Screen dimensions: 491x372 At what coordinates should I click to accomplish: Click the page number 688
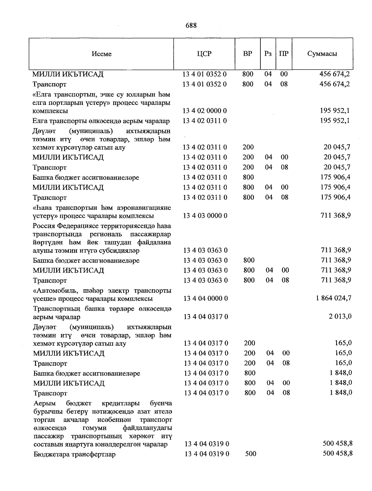coord(191,25)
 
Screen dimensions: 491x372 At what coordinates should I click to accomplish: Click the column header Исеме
coord(101,54)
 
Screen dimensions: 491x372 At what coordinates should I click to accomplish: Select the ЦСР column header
coord(204,54)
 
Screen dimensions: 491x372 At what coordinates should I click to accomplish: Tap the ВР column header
coord(247,54)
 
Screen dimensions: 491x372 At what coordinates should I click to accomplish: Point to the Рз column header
coord(268,54)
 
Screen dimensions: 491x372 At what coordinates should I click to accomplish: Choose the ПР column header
coord(284,54)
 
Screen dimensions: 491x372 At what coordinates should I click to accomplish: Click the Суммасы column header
coord(322,54)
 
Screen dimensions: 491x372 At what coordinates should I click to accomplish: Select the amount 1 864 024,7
coord(334,298)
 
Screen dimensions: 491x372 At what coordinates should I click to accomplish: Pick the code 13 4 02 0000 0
coord(205,111)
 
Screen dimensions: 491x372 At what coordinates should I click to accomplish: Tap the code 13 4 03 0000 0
coord(205,216)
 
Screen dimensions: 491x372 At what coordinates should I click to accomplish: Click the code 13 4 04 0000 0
coord(206,299)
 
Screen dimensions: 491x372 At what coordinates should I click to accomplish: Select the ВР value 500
coord(251,454)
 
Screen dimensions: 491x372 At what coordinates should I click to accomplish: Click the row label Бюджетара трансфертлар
coord(74,454)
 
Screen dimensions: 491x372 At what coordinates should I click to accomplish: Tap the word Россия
coord(45,226)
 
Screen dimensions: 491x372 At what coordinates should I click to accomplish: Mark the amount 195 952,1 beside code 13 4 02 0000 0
coord(335,111)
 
